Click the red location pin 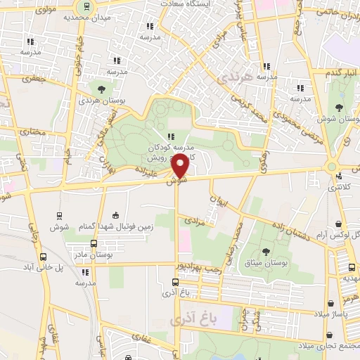(180, 167)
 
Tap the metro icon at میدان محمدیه (86, 6)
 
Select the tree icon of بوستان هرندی (103, 89)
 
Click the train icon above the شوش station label (58, 214)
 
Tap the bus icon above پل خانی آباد (44, 257)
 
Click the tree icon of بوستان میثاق (266, 251)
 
